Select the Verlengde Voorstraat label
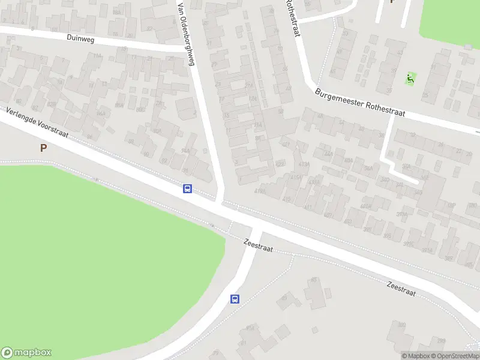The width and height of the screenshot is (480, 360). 37,124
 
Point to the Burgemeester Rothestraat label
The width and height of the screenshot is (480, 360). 360,103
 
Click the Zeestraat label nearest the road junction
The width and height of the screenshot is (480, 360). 259,245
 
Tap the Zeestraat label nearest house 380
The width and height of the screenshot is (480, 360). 401,288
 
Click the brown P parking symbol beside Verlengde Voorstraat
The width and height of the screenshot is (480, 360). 43,148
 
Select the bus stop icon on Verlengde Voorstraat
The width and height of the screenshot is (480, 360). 188,189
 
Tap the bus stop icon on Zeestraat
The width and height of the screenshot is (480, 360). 235,299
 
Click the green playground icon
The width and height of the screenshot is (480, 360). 410,78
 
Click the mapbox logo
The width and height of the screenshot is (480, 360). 26,353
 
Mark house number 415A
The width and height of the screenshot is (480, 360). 296,178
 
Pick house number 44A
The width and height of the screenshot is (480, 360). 328,154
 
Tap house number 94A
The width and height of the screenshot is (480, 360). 185,151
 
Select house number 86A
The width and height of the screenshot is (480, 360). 119,105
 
